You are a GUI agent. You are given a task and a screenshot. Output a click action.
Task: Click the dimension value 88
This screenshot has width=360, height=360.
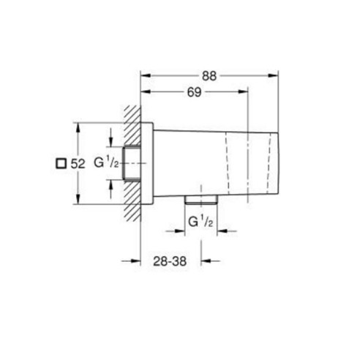(x=209, y=76)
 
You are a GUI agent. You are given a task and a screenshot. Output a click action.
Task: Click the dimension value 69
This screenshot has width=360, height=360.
(x=195, y=92)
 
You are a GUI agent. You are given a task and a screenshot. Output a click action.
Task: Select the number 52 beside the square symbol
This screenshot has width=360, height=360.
(x=78, y=164)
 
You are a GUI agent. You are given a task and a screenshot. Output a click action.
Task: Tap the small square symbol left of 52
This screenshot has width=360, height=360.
(x=61, y=163)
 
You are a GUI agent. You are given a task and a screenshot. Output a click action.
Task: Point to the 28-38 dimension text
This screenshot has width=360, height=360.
(x=170, y=261)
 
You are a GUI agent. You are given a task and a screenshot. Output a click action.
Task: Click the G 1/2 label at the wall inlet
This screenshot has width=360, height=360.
(x=107, y=163)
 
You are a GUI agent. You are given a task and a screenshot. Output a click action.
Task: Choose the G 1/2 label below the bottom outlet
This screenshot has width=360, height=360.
(x=201, y=222)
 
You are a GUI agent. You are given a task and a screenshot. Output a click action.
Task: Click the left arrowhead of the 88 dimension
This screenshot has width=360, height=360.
(x=145, y=76)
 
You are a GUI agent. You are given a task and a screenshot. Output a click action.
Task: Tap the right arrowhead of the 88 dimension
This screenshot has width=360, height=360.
(x=274, y=76)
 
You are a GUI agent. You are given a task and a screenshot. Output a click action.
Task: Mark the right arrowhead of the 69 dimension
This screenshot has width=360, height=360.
(x=243, y=91)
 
